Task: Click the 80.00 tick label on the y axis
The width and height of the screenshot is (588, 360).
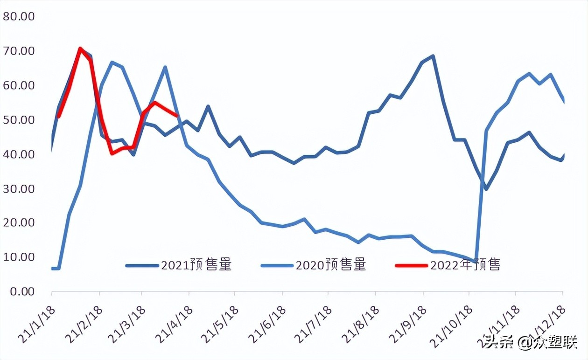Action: coord(19,17)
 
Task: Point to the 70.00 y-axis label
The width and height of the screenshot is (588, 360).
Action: coord(19,51)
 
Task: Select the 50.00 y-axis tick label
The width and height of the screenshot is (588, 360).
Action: coord(19,120)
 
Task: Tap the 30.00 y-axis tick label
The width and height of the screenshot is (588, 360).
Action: coord(19,189)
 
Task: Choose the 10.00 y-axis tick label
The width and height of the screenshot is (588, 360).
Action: coord(19,257)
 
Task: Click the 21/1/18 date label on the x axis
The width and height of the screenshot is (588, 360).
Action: coord(37,325)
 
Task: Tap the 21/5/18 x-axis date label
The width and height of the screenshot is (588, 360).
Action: coord(220,325)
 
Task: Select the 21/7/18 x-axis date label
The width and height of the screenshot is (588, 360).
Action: coord(314,325)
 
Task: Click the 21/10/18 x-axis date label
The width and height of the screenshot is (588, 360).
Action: coord(451,326)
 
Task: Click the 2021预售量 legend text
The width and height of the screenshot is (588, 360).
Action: coord(196,265)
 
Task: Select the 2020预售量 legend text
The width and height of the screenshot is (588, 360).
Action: coord(331,265)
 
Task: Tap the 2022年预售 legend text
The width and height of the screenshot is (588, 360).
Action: coord(465,265)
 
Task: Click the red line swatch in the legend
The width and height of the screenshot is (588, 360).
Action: coord(411,265)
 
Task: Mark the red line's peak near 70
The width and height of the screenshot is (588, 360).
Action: coord(80,48)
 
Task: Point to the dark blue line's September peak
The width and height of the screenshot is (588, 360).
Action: coord(433,56)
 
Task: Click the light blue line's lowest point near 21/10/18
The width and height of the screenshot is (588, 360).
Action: coord(475,262)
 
